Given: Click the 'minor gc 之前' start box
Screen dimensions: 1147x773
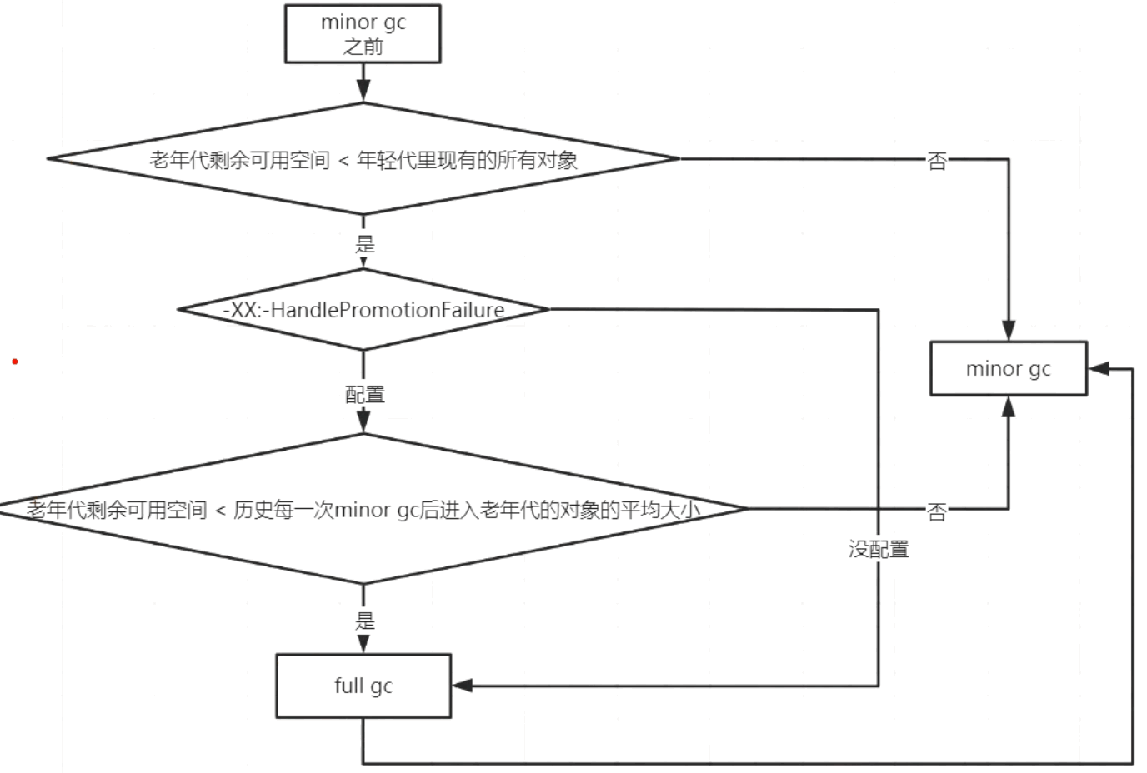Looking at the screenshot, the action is [363, 34].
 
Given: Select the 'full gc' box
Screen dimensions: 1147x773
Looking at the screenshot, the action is [363, 686].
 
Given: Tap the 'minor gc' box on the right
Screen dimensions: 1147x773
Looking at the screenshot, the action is [1009, 368].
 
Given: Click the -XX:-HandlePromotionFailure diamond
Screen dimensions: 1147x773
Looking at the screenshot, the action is [363, 310].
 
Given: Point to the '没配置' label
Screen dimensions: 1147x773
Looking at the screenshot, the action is [879, 550].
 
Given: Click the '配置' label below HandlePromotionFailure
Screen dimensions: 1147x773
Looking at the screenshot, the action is [364, 395].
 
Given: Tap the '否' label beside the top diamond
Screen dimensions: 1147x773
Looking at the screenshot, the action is [937, 161].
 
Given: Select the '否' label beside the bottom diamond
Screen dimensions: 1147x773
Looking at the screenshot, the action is [937, 511].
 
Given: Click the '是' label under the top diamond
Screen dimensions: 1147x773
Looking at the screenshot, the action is [364, 243].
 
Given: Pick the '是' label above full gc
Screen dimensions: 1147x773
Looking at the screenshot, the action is [364, 621].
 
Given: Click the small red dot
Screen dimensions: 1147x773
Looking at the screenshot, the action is [15, 362].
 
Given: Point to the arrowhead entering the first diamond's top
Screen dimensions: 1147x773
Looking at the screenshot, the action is [363, 91].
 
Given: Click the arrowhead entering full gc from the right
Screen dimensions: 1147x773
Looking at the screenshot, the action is [463, 686].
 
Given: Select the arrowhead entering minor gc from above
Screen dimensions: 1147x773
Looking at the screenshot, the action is [1009, 330].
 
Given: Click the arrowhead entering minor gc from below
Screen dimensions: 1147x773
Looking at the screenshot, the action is [1009, 407].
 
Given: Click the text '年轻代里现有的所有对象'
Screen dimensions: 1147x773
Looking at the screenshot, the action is [467, 161].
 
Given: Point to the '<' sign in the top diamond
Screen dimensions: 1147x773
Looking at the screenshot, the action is [343, 161].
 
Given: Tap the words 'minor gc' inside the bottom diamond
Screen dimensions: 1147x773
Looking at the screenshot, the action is [376, 510].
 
